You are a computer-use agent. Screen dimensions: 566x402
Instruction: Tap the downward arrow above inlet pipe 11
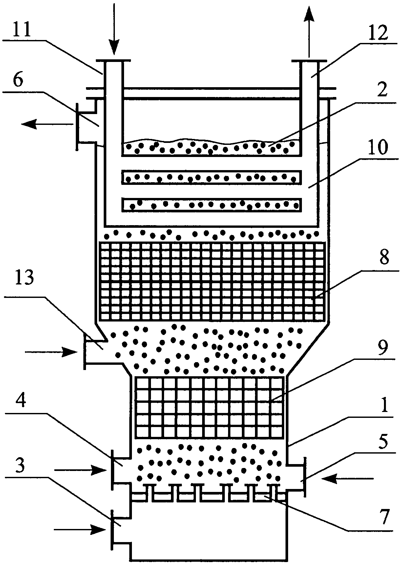tap(114, 29)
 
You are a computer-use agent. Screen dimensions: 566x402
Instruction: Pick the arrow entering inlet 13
tap(53, 352)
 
